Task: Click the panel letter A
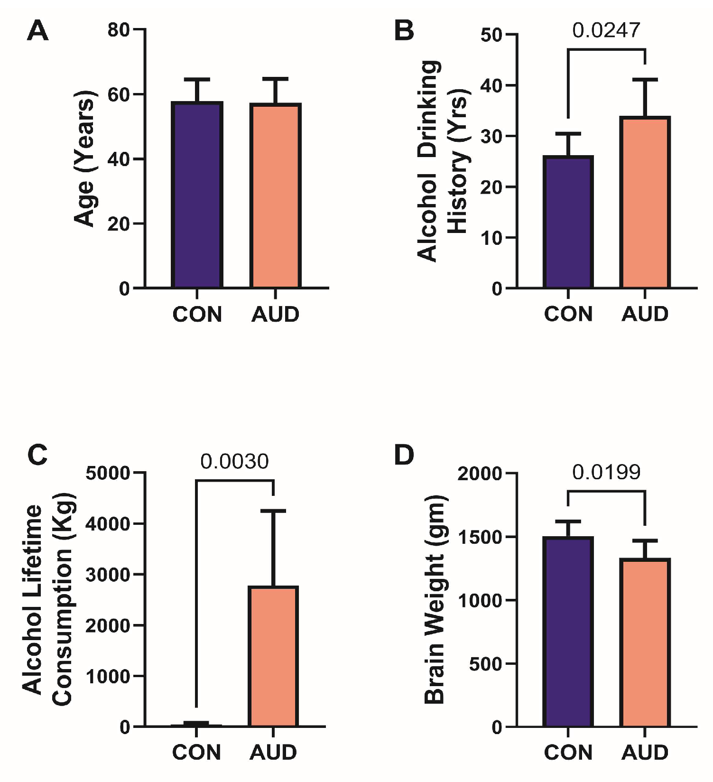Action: click(x=37, y=31)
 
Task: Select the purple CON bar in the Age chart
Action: click(x=197, y=195)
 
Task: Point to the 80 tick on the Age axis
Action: click(x=119, y=29)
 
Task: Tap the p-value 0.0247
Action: click(x=606, y=30)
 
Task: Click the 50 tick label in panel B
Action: click(x=491, y=35)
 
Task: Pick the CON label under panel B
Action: click(x=568, y=314)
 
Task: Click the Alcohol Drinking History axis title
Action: click(x=443, y=161)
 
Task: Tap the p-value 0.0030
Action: click(x=234, y=461)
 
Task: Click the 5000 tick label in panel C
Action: click(x=108, y=473)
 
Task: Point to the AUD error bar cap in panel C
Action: click(x=273, y=511)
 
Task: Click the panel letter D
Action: click(x=404, y=455)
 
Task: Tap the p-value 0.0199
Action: click(x=606, y=472)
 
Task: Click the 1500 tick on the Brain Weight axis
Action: click(x=480, y=537)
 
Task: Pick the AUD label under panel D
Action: click(x=645, y=753)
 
